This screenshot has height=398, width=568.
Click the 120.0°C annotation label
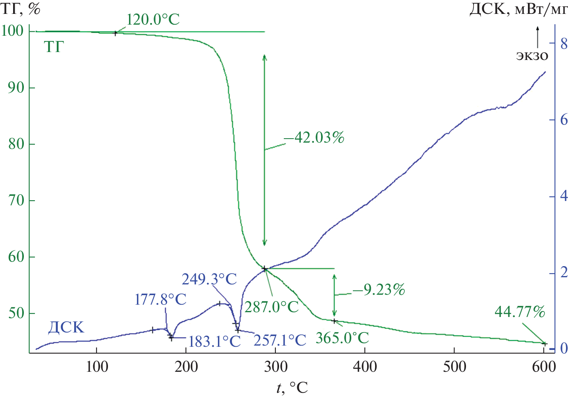pos(153,19)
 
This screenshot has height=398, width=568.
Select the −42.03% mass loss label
pos(314,137)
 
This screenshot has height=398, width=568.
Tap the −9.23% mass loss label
pos(379,290)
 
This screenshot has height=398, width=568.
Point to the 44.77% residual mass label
pos(520,312)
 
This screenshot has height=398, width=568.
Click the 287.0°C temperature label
pos(271,307)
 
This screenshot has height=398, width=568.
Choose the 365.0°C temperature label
pos(342,338)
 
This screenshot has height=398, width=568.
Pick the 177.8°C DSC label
pos(160,299)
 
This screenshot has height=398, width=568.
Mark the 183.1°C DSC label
pos(214,341)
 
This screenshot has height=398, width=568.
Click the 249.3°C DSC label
pos(209,279)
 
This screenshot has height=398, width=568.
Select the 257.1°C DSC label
pos(280,340)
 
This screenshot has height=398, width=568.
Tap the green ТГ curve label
pos(54,47)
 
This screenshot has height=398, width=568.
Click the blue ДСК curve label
pos(66,328)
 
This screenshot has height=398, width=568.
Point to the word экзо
pos(532,56)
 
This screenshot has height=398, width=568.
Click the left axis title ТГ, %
pos(21,9)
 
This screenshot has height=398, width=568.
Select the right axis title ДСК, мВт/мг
pos(518,9)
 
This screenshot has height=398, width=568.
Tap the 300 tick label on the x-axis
pos(275,367)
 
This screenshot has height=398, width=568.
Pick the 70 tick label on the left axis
pos(16,201)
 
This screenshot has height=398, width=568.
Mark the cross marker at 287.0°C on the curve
pos(264,269)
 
